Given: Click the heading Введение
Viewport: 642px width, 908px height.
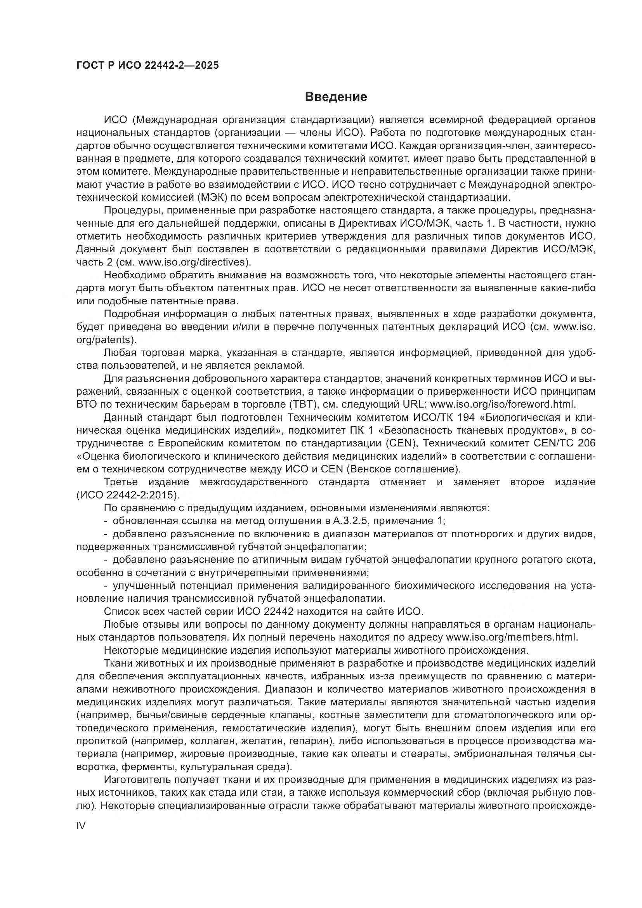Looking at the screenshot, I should pyautogui.click(x=336, y=97).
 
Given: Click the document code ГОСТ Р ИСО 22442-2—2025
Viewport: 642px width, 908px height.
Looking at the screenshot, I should pyautogui.click(x=147, y=66).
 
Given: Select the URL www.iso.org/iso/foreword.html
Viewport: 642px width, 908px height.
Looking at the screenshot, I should pyautogui.click(x=502, y=405).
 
